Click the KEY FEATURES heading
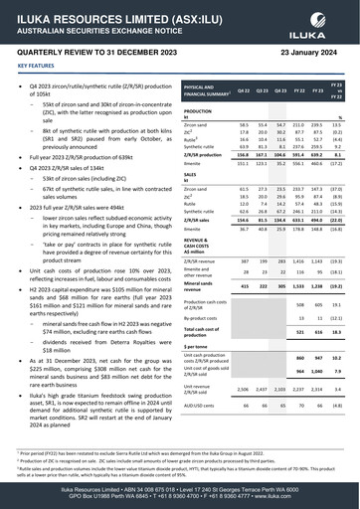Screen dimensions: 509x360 point(36,67)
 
